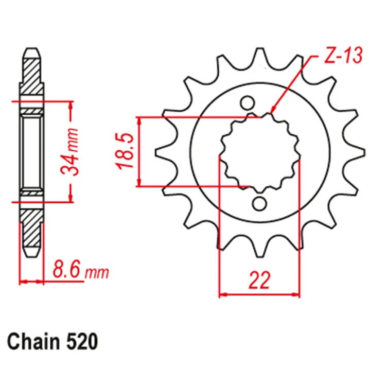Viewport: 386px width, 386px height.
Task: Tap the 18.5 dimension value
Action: click(125, 151)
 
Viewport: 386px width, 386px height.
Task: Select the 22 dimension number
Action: click(259, 280)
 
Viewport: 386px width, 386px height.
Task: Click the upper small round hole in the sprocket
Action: click(247, 103)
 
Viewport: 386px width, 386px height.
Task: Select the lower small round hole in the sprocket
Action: click(259, 204)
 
